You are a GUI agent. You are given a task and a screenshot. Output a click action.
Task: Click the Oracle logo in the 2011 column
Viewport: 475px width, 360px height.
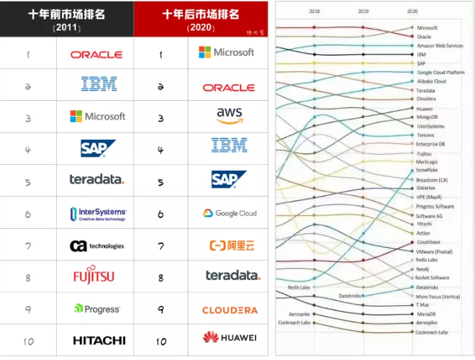[x=96, y=54]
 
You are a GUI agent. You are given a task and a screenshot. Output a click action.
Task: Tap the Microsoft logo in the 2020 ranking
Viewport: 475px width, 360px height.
[x=227, y=52]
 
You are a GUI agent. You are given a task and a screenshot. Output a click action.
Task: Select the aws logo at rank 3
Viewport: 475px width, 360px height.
[x=229, y=115]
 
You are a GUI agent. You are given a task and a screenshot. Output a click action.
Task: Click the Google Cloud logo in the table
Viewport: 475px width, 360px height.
[x=229, y=213]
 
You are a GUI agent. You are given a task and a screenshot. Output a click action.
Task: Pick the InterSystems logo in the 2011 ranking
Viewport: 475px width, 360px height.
[x=99, y=213]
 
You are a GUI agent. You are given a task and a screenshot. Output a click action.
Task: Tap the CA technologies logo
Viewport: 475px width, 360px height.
[x=96, y=246]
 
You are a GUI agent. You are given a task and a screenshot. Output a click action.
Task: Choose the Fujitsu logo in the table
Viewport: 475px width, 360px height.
[x=94, y=276]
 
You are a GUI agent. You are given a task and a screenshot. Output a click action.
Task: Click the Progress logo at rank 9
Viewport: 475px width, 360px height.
[x=97, y=309]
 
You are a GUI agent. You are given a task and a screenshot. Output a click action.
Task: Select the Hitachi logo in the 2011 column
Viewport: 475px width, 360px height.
[x=99, y=340]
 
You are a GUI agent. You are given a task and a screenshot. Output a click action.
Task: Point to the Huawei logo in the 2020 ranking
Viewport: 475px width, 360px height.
[x=230, y=337]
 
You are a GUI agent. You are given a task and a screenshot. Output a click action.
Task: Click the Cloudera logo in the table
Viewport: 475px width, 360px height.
[x=230, y=310]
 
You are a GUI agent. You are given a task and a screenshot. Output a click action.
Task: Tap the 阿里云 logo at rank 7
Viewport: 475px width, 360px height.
[x=230, y=246]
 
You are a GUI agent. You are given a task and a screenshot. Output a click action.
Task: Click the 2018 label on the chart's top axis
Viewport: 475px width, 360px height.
[x=315, y=12]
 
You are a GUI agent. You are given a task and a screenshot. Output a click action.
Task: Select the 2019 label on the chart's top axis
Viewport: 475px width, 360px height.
[x=363, y=12]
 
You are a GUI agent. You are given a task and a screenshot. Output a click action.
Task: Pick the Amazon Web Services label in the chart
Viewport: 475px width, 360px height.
[x=440, y=46]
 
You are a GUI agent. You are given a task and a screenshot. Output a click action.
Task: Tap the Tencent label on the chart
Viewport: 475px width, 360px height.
[x=425, y=135]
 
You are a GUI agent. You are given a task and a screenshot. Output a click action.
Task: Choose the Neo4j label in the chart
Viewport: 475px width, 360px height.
[x=423, y=269]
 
